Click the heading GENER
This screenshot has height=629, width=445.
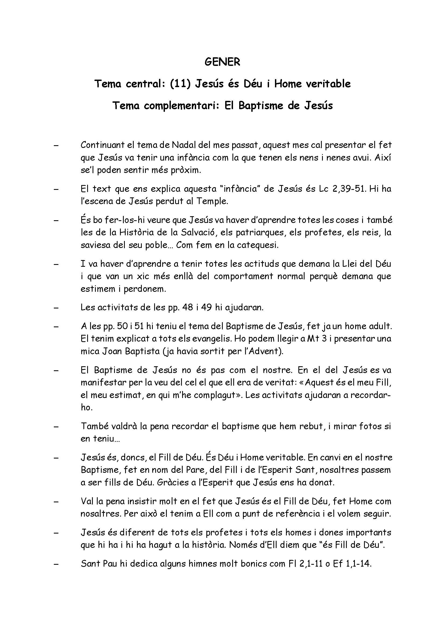[x=222, y=62]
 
